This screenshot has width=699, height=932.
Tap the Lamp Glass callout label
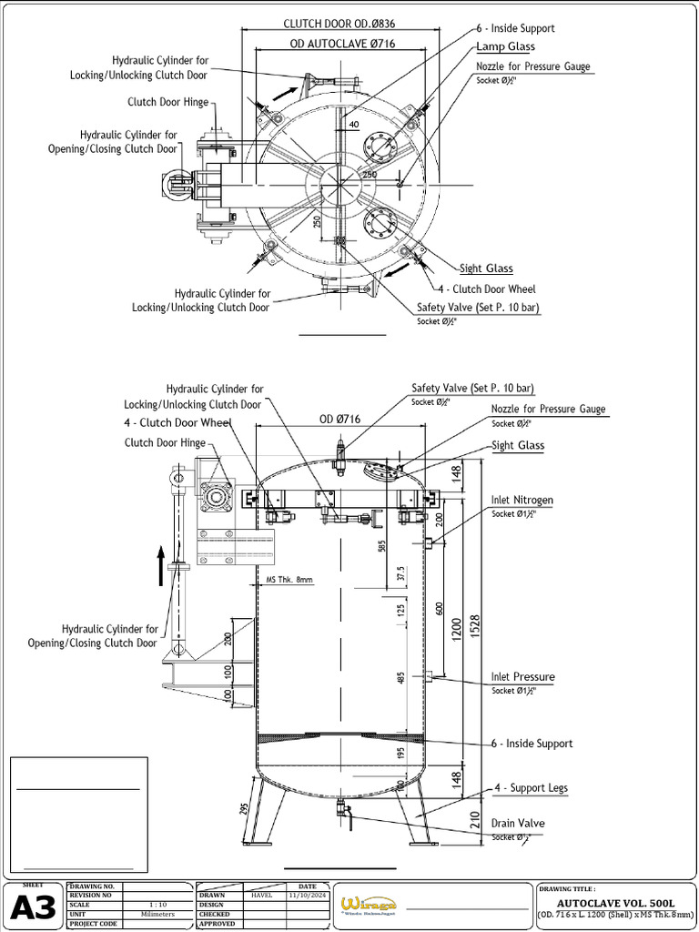505,46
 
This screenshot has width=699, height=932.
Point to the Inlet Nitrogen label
522,501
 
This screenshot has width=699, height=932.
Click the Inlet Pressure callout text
522,677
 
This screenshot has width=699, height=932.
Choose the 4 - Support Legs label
531,788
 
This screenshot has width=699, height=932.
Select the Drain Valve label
518,824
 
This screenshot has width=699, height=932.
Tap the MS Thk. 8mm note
289,580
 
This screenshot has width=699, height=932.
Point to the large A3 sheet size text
33,908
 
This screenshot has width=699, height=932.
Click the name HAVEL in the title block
262,895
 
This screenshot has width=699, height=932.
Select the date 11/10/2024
307,895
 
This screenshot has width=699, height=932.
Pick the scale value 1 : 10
157,905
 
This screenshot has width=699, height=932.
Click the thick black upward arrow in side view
161,565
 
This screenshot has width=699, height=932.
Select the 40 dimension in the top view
353,125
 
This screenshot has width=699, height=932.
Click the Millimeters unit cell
157,914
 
